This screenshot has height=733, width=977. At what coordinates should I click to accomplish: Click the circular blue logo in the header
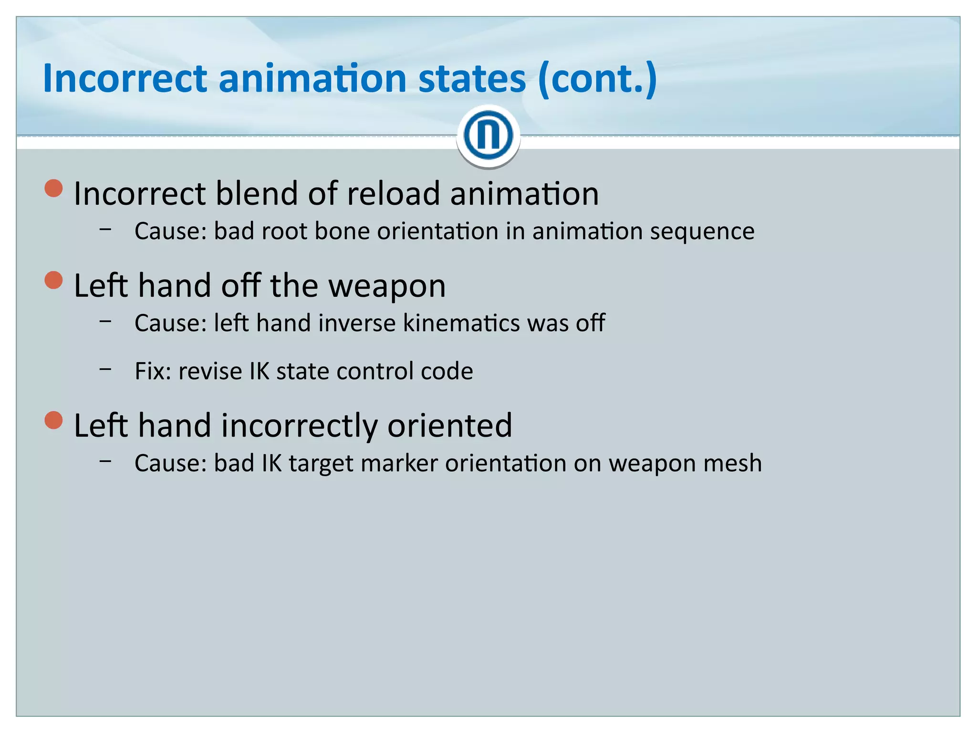[x=488, y=136]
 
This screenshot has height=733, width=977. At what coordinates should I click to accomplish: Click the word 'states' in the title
[x=472, y=78]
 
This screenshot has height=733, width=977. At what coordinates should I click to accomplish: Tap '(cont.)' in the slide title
[x=597, y=79]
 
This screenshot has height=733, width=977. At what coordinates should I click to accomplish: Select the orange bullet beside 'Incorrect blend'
[x=54, y=188]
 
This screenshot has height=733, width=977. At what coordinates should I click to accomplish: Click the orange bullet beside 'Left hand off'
[x=54, y=280]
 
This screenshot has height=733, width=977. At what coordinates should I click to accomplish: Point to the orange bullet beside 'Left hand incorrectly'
[x=54, y=420]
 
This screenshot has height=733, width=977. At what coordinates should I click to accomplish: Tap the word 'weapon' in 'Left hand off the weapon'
[x=387, y=286]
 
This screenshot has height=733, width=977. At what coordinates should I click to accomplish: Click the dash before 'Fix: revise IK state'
[x=105, y=369]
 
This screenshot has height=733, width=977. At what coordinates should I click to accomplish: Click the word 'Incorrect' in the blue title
[x=125, y=78]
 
